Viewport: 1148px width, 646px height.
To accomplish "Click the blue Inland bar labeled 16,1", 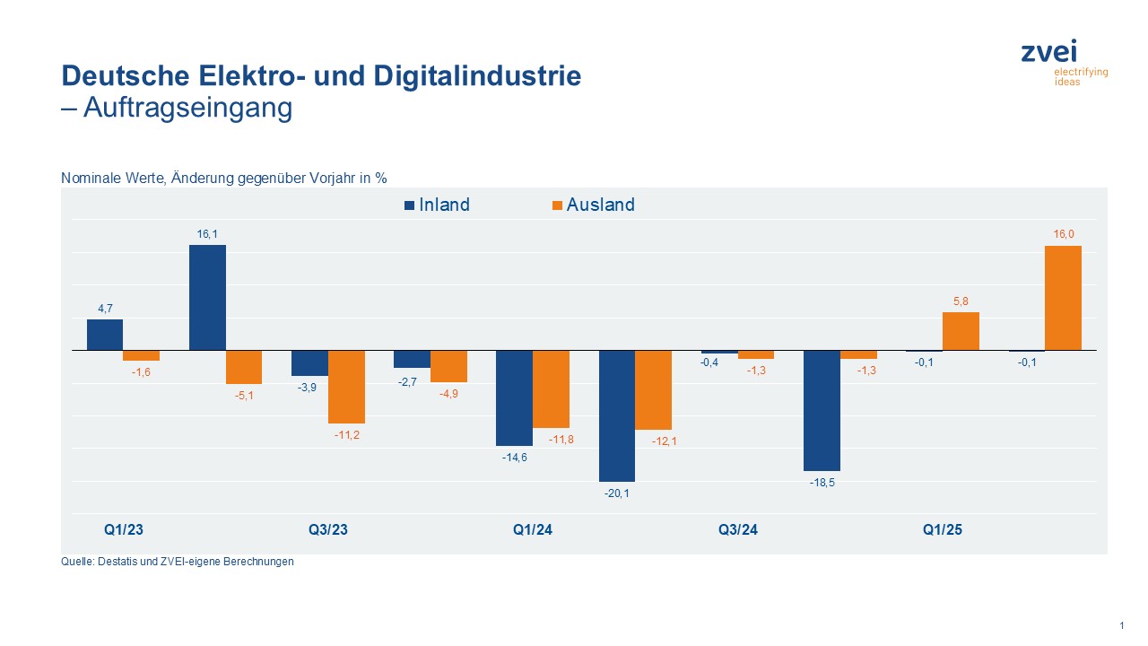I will click(x=207, y=297).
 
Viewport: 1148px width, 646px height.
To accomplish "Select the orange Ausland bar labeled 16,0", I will click(x=1063, y=298).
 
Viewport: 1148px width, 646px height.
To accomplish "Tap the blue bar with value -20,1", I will click(x=617, y=415).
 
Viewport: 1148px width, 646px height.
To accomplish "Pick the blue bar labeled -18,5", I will click(x=822, y=410).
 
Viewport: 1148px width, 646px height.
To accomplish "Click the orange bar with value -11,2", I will click(x=346, y=386).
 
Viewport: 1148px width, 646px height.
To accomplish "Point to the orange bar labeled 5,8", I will click(x=961, y=331).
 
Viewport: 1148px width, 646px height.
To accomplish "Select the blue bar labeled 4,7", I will click(x=105, y=335).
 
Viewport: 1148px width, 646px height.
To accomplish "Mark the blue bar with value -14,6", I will click(x=514, y=397).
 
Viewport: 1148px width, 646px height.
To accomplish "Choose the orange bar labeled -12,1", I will click(x=653, y=389).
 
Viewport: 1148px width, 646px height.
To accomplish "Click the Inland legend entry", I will click(x=436, y=205).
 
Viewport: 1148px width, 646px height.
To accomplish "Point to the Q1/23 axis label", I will click(x=124, y=530).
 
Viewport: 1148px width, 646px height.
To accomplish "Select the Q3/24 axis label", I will click(x=738, y=530).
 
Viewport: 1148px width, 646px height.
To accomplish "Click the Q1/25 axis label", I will click(x=943, y=530).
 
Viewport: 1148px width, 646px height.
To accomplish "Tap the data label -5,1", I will click(x=243, y=396).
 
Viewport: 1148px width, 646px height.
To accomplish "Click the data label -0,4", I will click(x=709, y=362).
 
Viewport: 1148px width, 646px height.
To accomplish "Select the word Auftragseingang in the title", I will click(x=187, y=108).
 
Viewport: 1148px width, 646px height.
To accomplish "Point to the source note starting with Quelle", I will click(x=178, y=563).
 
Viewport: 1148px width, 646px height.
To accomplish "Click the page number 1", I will click(x=1121, y=625).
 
